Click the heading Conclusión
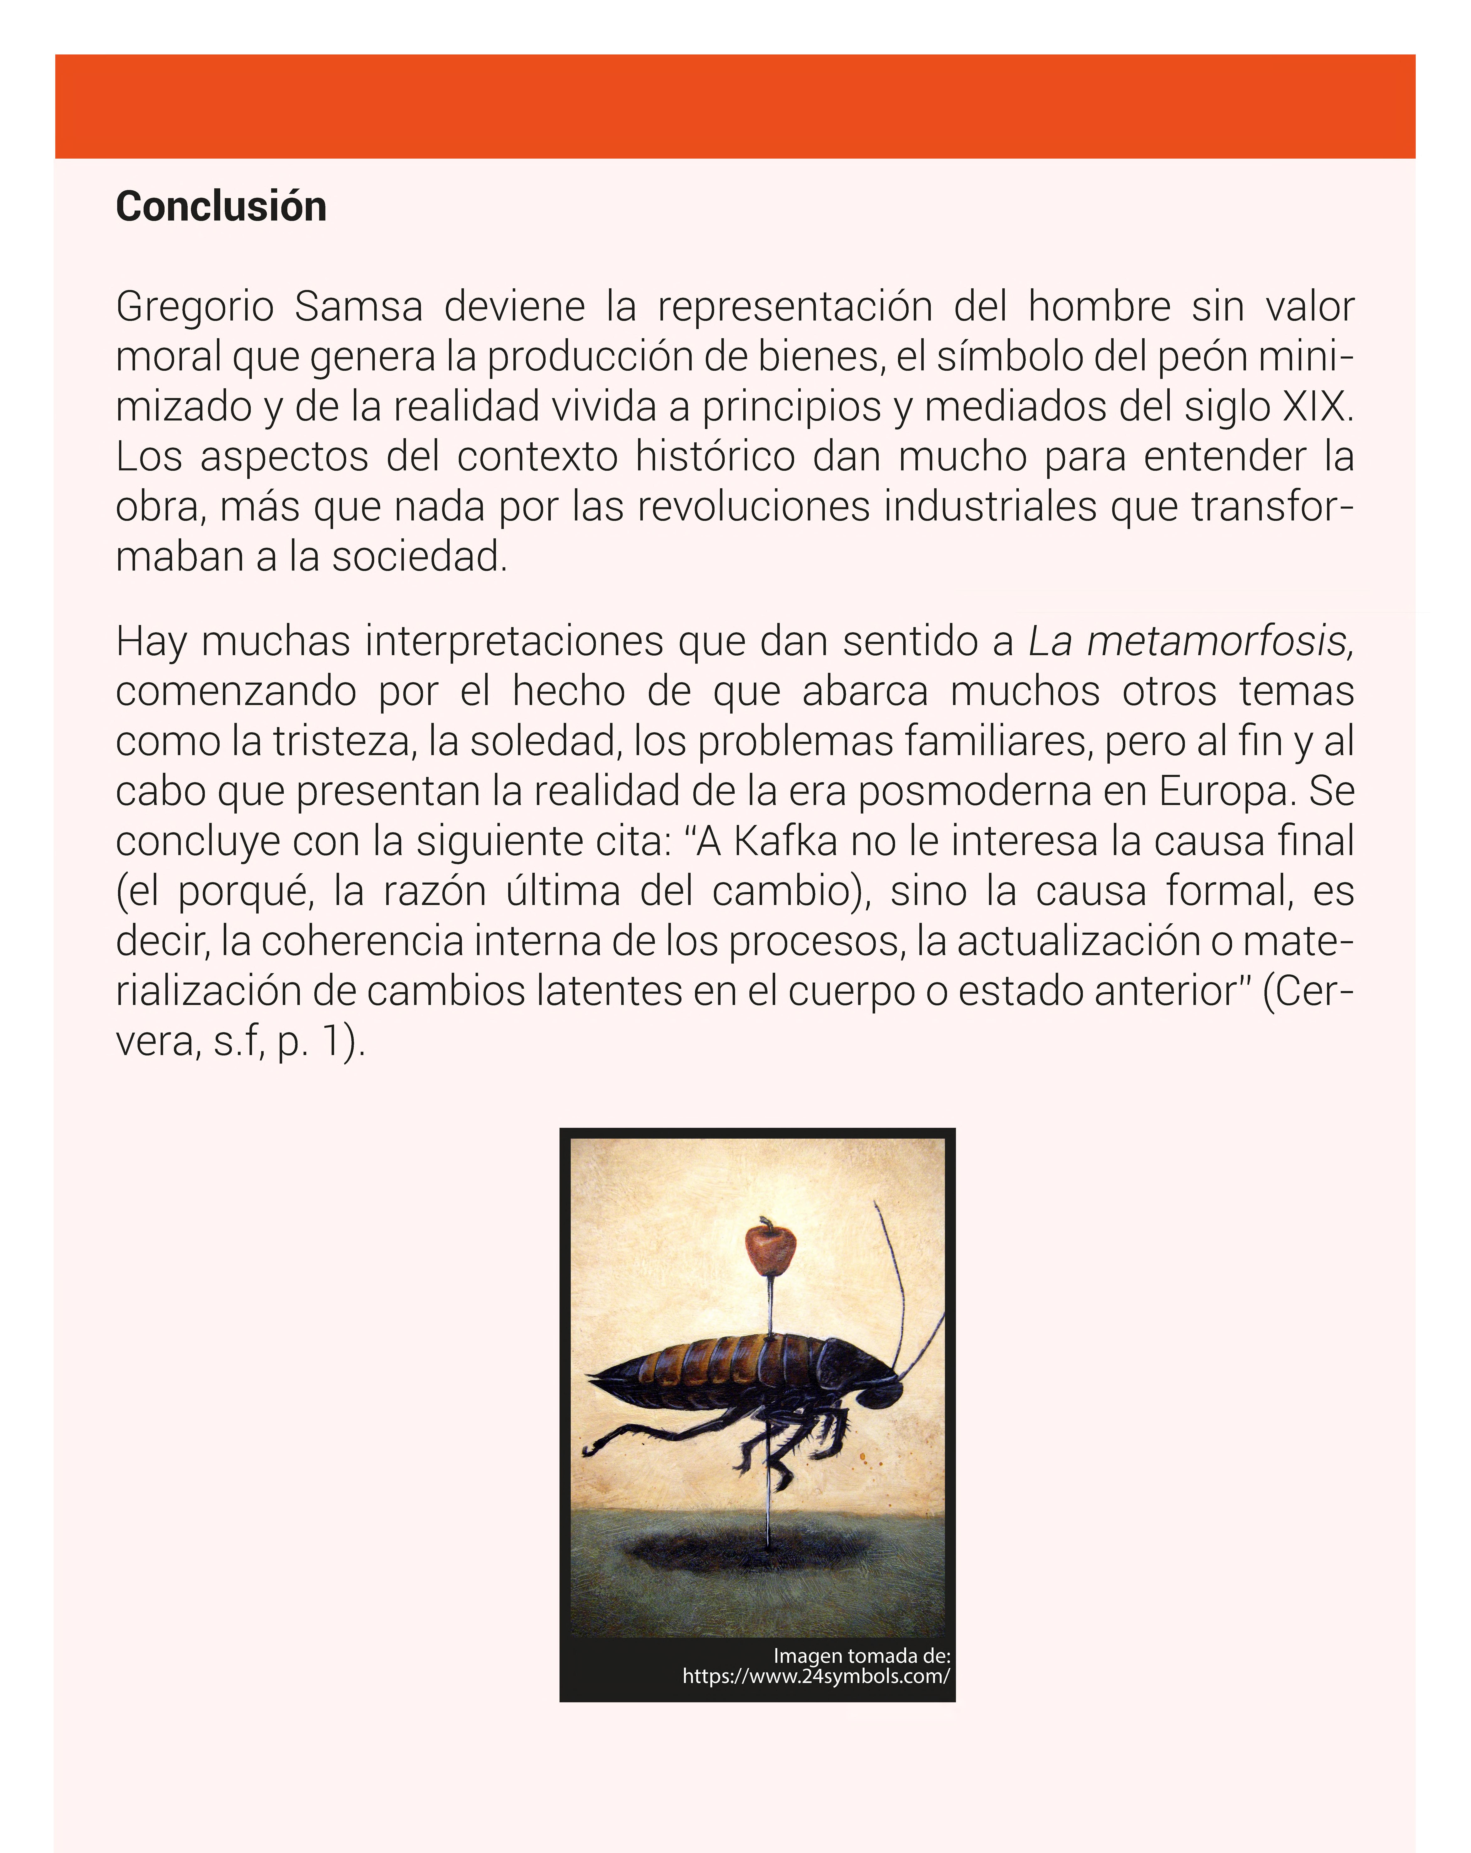(221, 207)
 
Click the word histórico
(715, 456)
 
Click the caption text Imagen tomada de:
(861, 1655)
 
